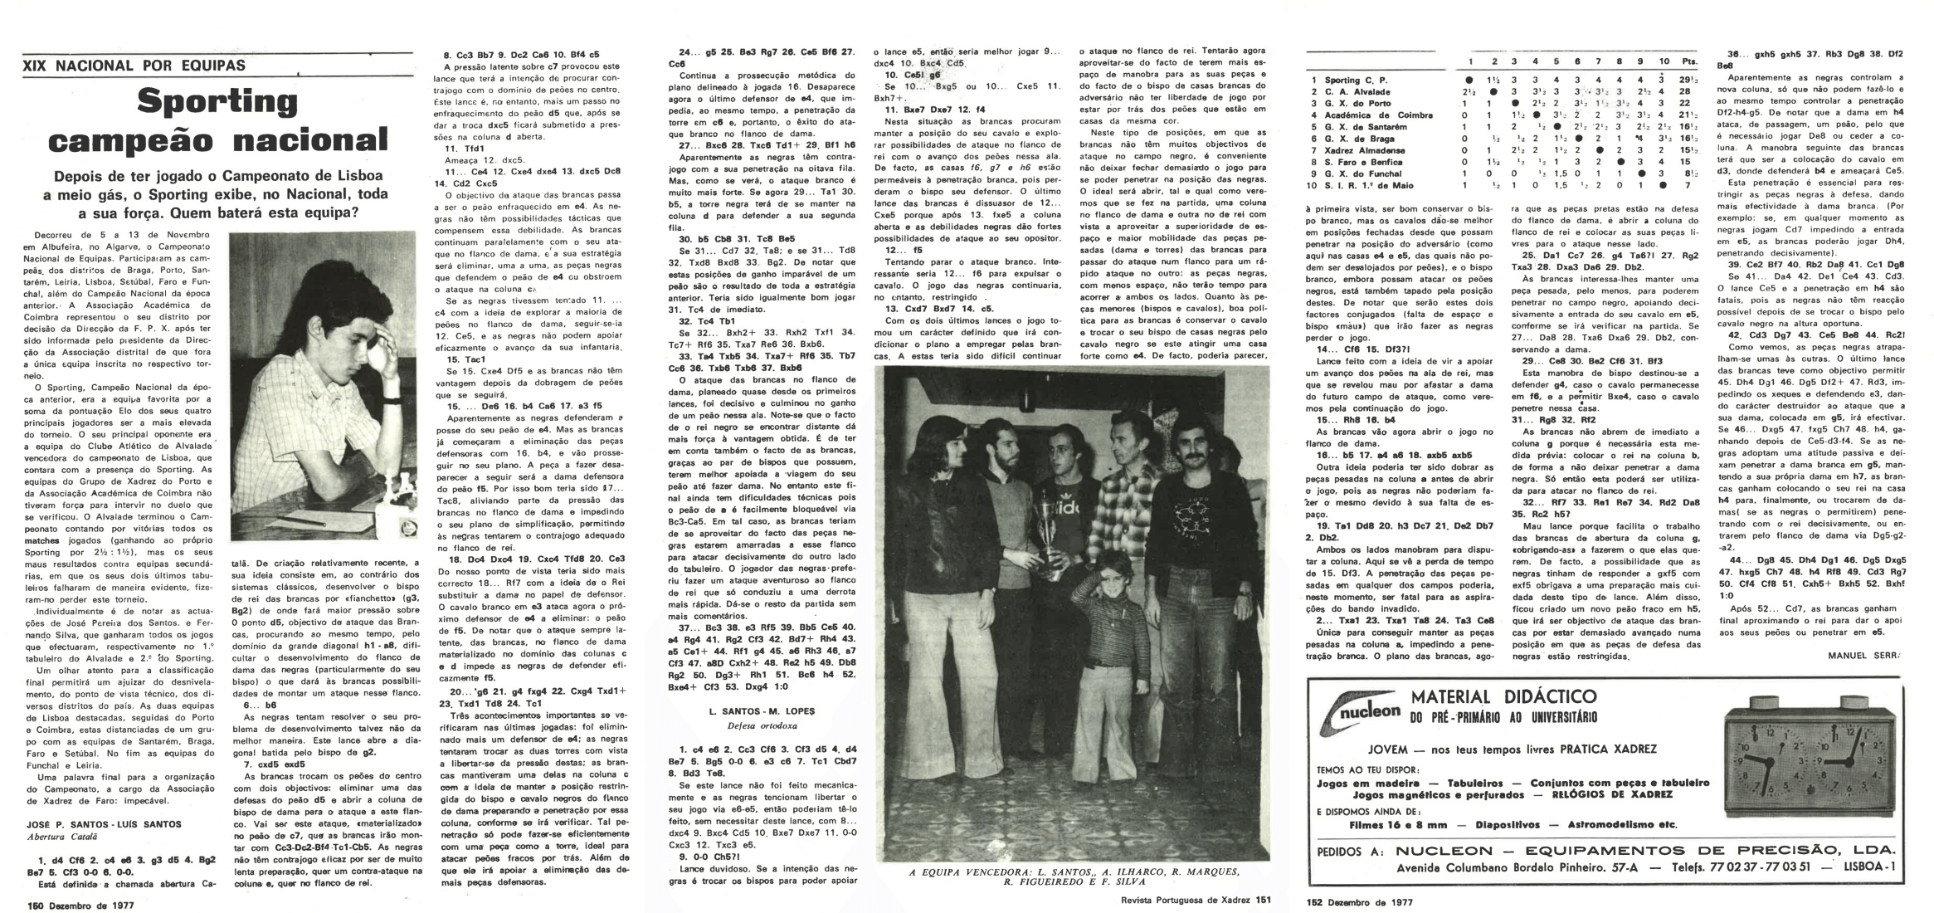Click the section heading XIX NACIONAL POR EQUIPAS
(134, 65)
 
